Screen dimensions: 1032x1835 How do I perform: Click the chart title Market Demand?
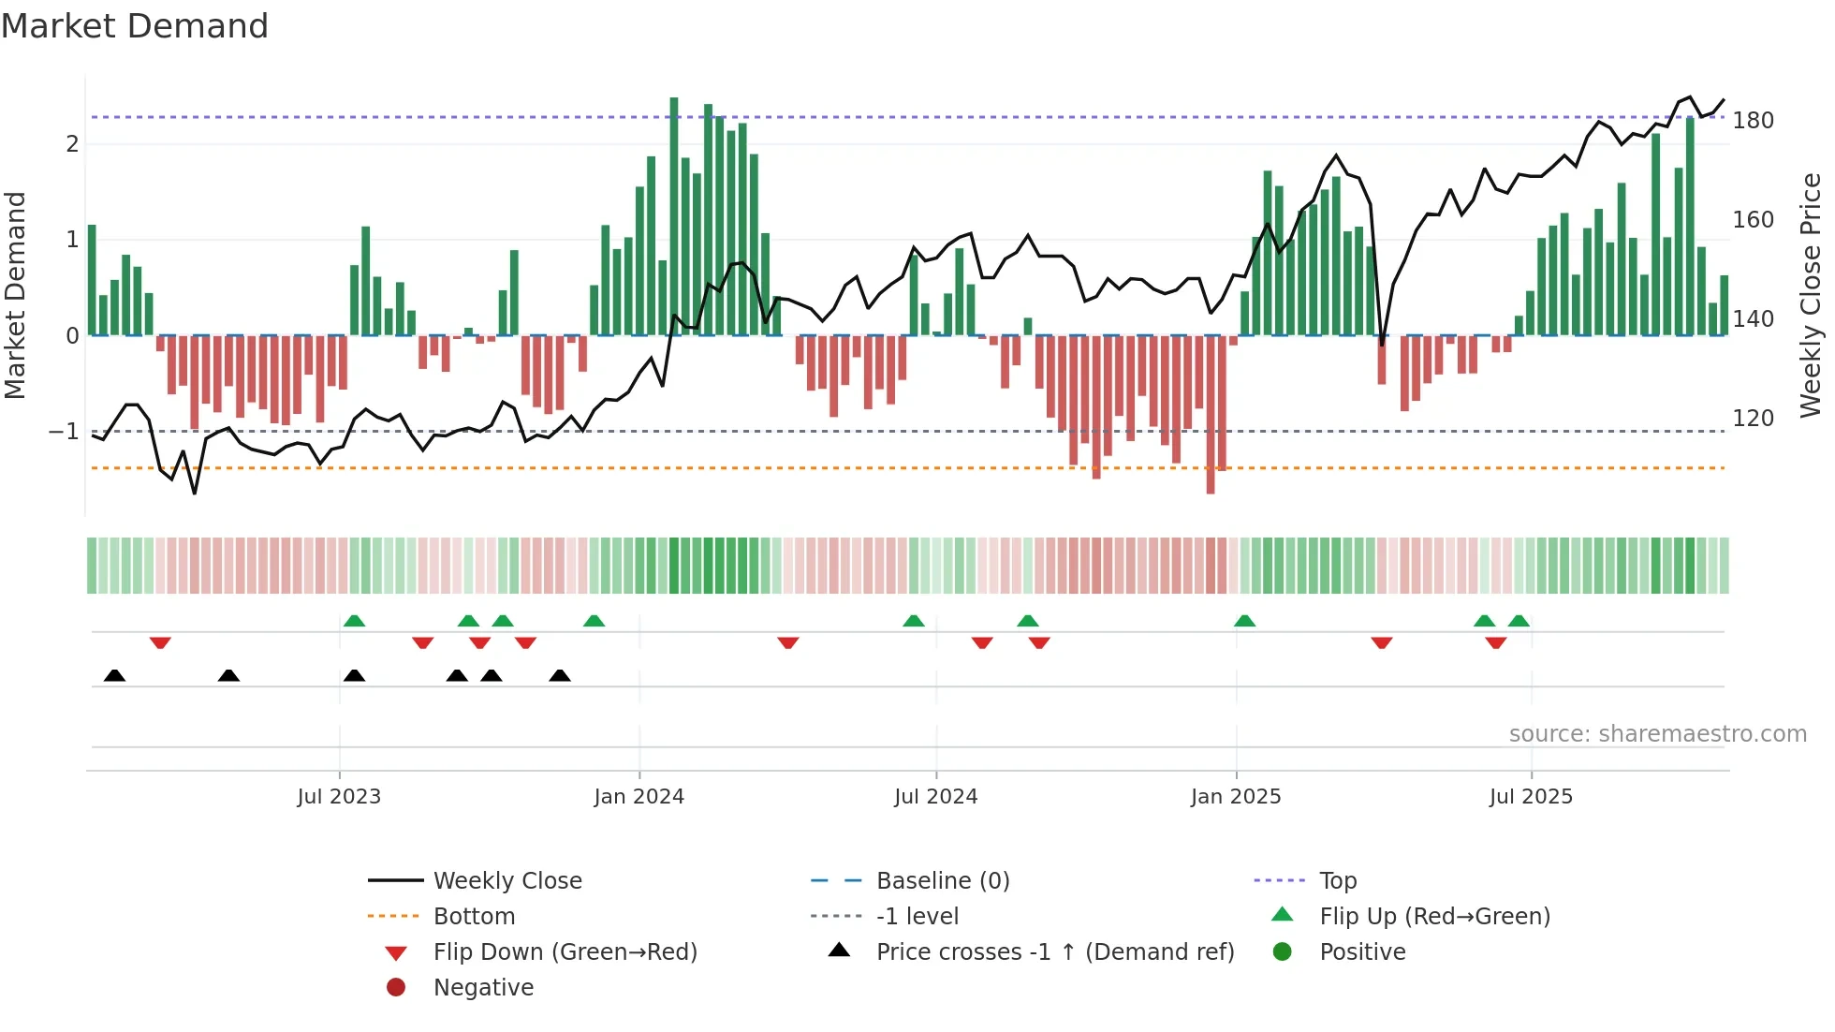click(x=135, y=25)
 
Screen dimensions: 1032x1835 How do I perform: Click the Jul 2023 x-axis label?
click(x=339, y=797)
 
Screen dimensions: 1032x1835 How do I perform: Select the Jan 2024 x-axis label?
click(x=639, y=797)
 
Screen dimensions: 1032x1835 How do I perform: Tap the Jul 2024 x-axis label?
click(x=935, y=797)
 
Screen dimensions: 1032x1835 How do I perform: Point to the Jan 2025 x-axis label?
click(x=1236, y=797)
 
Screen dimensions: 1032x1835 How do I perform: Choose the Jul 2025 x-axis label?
click(x=1531, y=797)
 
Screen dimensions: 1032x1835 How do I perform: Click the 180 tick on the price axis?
click(x=1753, y=121)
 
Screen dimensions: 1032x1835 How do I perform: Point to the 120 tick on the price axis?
click(x=1753, y=419)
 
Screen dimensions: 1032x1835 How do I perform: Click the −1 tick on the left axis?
click(x=64, y=432)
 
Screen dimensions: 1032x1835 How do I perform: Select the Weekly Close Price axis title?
click(x=1811, y=295)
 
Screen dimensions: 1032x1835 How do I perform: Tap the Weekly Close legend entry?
click(x=506, y=881)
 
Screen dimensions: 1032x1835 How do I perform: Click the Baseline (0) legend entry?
click(x=942, y=881)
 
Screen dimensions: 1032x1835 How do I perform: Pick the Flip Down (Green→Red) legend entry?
click(x=565, y=952)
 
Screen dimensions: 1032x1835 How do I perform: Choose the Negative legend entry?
click(x=483, y=988)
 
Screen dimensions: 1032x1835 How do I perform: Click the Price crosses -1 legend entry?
click(x=1054, y=952)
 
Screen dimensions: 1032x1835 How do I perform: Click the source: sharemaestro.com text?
click(x=1657, y=734)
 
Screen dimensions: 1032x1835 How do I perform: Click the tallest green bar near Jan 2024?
click(x=674, y=215)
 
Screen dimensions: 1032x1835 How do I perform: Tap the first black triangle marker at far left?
click(x=114, y=675)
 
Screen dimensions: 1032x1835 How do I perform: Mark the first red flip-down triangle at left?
click(x=160, y=642)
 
